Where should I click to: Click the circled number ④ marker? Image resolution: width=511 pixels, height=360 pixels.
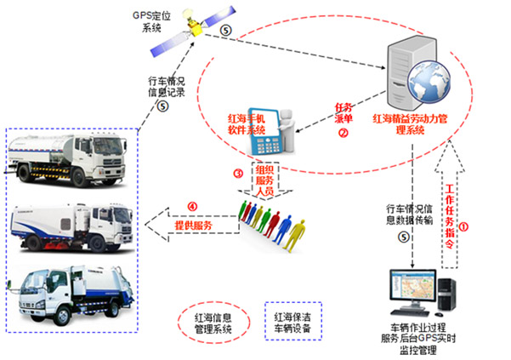pos(192,205)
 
